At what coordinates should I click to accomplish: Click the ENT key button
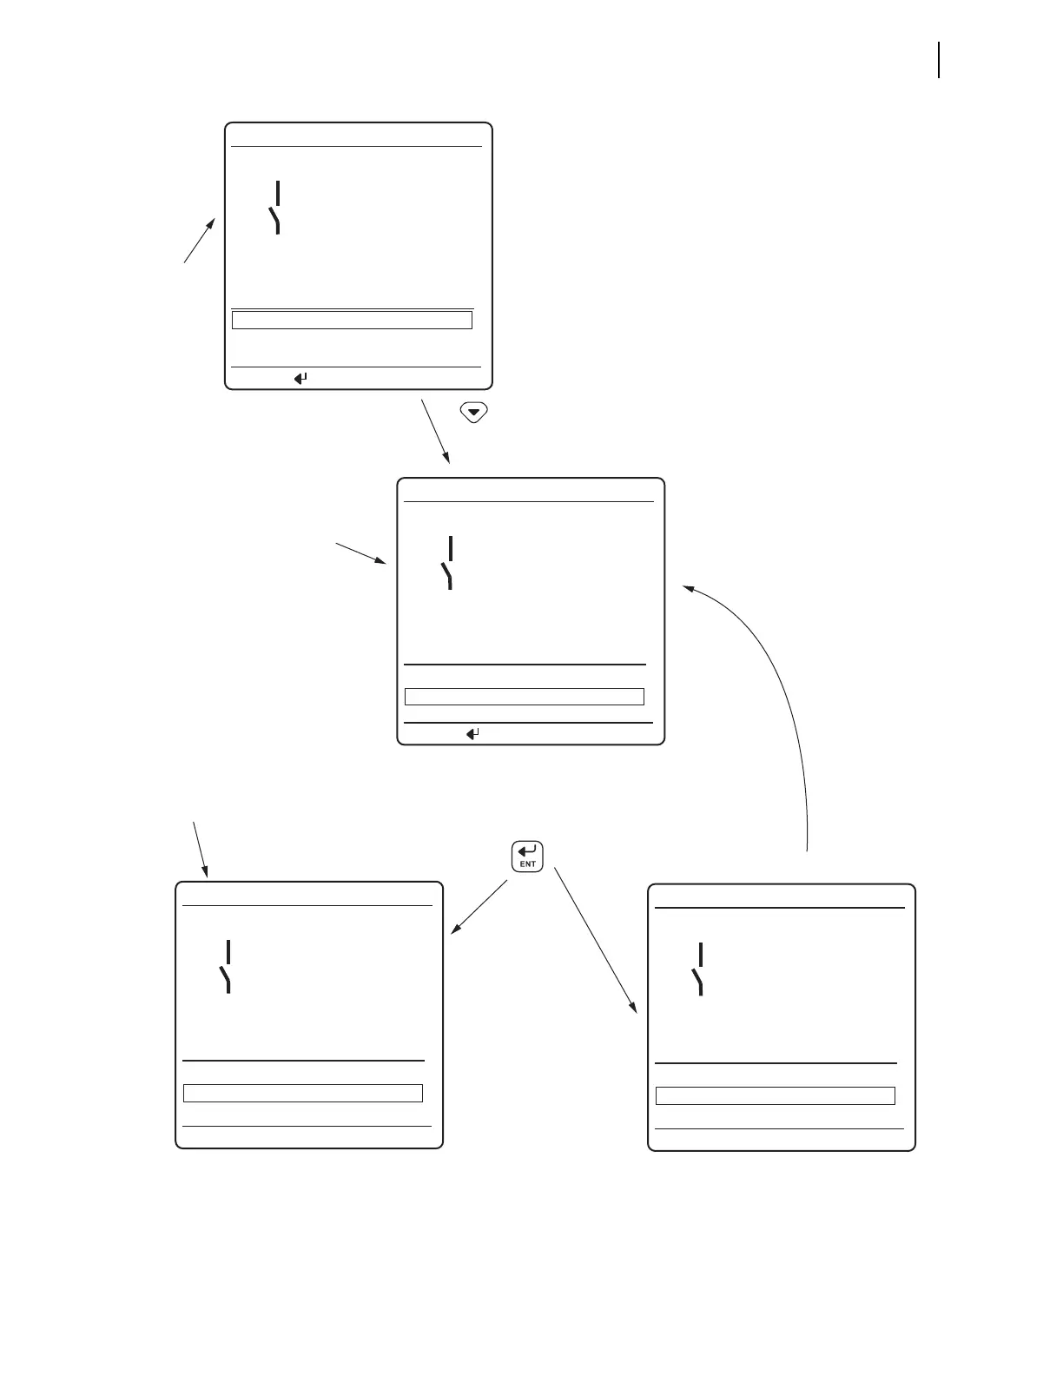click(x=527, y=856)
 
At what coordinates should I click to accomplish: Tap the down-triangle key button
click(x=474, y=413)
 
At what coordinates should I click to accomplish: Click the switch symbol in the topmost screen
click(x=276, y=208)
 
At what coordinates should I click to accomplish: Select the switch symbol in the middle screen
click(x=448, y=563)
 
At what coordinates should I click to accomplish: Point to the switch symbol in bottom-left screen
click(x=227, y=966)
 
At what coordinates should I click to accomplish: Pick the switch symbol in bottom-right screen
click(x=699, y=969)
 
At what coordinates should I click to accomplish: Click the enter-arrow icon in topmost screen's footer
click(x=300, y=379)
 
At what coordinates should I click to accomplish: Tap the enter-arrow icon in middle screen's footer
click(x=473, y=734)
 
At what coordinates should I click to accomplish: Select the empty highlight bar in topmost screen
click(x=352, y=321)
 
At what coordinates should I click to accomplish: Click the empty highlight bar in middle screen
click(x=525, y=697)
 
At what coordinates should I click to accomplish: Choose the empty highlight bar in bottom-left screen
click(x=303, y=1093)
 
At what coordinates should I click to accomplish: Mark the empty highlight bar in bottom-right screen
click(x=775, y=1095)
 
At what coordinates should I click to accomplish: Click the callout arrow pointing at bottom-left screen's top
click(x=201, y=848)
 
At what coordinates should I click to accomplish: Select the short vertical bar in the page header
click(x=940, y=61)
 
